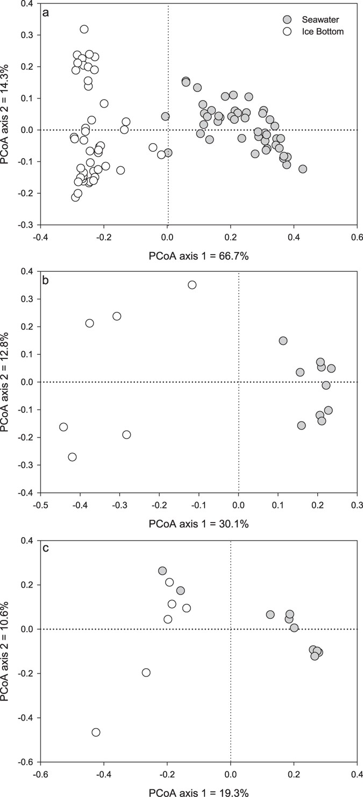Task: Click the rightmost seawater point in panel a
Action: pyautogui.click(x=303, y=169)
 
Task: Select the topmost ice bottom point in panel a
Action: pyautogui.click(x=84, y=29)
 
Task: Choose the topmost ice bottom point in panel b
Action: pyautogui.click(x=192, y=285)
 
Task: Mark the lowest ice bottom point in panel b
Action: pyautogui.click(x=72, y=457)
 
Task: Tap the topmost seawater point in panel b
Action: pyautogui.click(x=283, y=341)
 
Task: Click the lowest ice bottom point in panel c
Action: pyautogui.click(x=96, y=732)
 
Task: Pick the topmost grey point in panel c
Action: pyautogui.click(x=162, y=570)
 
